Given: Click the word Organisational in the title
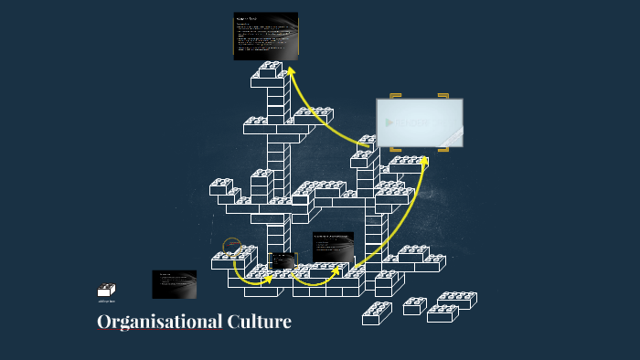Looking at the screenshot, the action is (159, 322).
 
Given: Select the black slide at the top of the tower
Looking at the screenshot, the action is (265, 36).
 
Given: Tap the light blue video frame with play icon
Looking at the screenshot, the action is (420, 122).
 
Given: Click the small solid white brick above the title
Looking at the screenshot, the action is (106, 290).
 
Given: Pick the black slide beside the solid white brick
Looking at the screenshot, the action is (174, 283).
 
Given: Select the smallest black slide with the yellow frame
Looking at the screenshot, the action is (283, 260).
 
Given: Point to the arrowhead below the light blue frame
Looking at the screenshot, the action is (424, 161).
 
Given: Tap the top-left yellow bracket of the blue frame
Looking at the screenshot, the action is (395, 95).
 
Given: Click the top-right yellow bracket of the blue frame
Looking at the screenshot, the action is (443, 95).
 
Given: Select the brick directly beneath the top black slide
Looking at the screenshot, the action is (270, 71).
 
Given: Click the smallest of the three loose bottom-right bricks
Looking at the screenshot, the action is (414, 305).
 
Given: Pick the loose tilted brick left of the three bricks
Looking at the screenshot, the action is (377, 312).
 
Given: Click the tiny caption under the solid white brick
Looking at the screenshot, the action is (106, 301).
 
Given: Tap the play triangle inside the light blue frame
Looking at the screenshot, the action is (389, 122).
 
